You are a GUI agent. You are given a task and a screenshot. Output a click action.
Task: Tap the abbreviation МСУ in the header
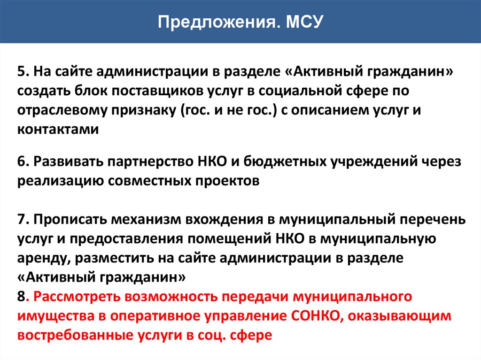pos(305,22)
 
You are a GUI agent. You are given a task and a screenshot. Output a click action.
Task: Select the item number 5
pos(23,71)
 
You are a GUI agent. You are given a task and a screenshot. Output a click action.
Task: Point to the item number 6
pos(23,161)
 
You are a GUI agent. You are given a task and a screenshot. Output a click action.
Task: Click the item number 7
pos(23,219)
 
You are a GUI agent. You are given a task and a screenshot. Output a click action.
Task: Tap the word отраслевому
pos(62,111)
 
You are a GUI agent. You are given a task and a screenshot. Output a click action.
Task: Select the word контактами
pos(58,130)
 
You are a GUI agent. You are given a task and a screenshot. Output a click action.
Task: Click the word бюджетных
pos(285,161)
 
